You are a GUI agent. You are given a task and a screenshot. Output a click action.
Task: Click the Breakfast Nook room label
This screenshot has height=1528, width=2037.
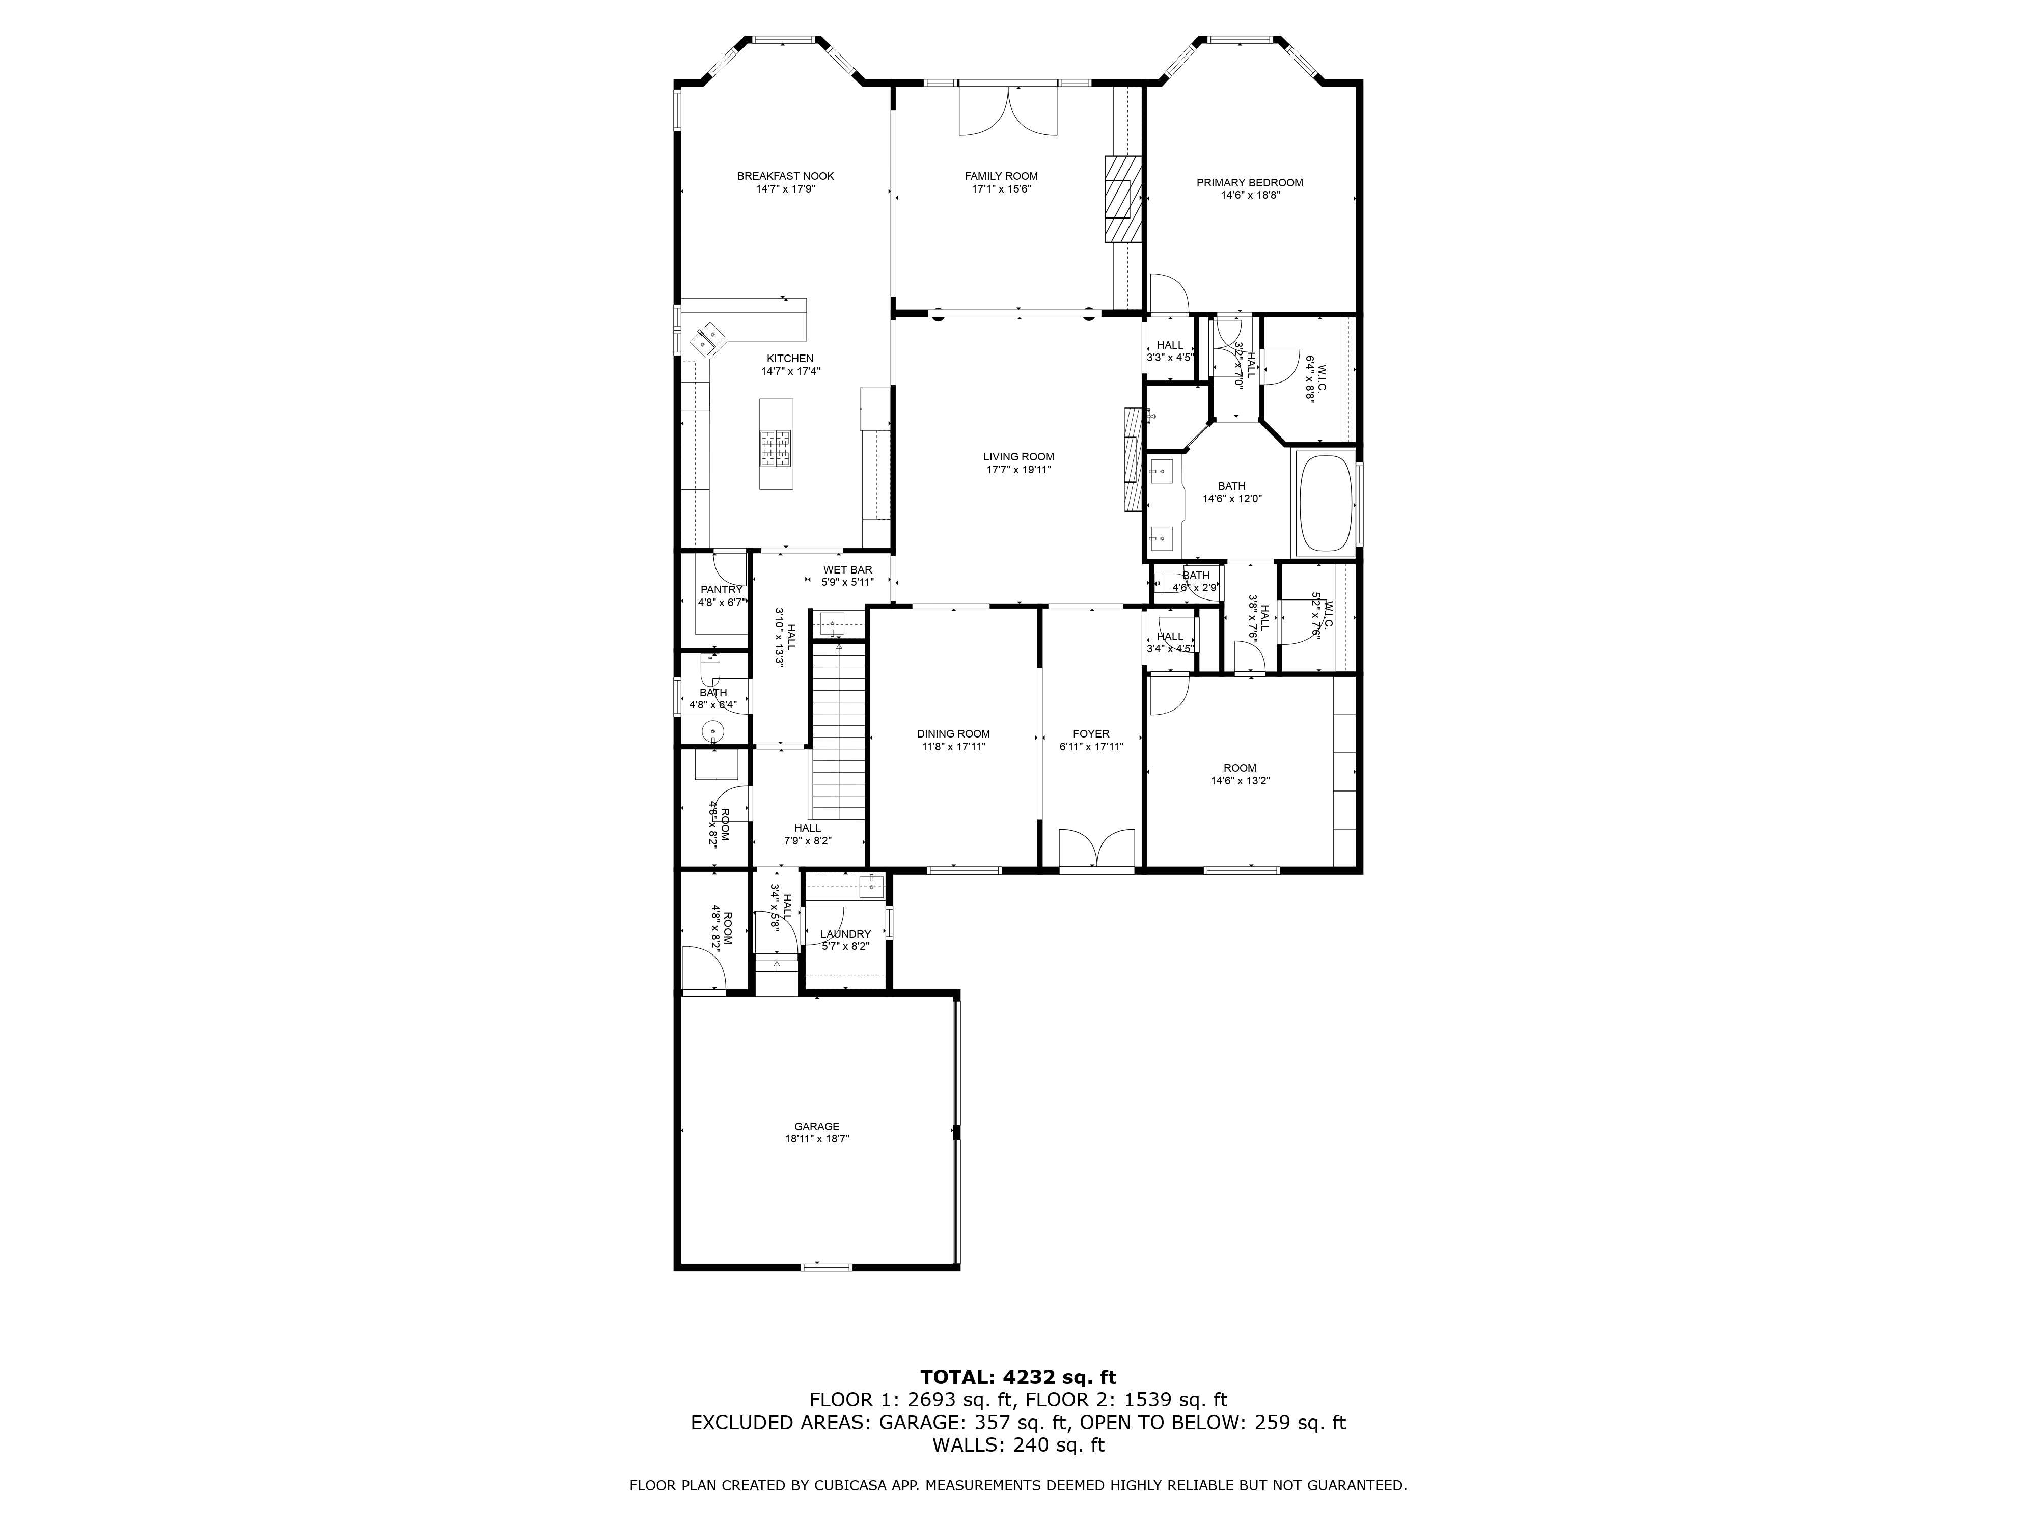tap(785, 176)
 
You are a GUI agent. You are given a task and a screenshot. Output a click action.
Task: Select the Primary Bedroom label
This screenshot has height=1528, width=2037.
tap(1250, 182)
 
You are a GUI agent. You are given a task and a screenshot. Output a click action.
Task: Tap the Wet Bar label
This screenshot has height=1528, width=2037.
tap(847, 570)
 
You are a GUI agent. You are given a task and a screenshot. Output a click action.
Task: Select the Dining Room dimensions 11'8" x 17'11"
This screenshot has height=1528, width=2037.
tap(953, 747)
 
